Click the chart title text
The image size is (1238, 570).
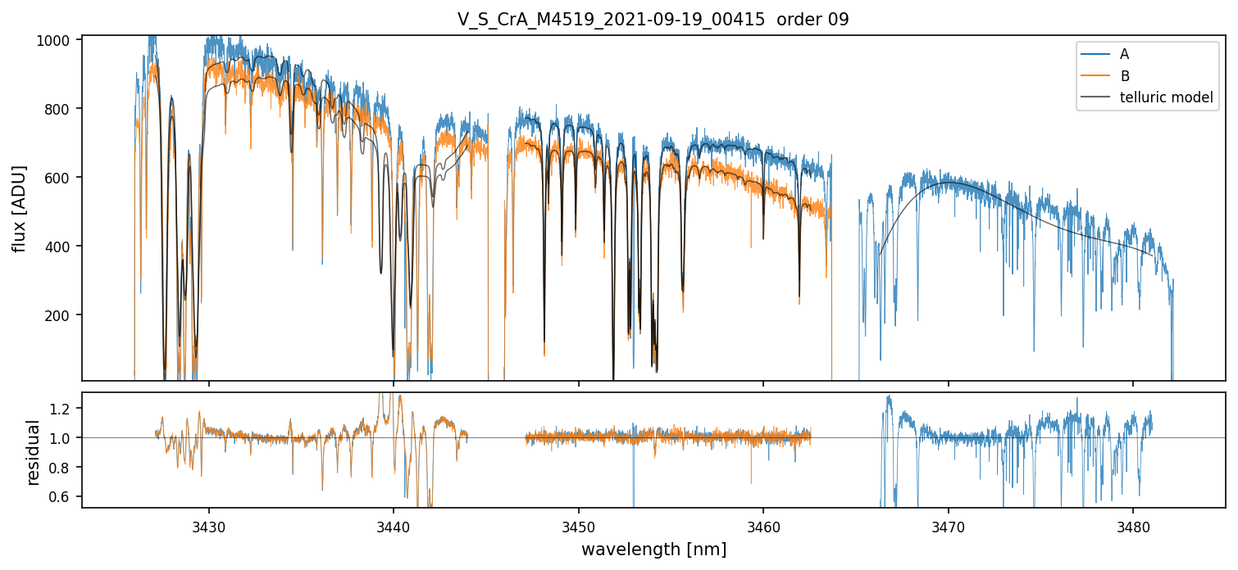point(653,20)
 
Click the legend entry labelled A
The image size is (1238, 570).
point(1105,54)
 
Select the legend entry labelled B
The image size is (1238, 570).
point(1105,75)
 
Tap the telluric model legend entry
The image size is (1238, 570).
point(1147,97)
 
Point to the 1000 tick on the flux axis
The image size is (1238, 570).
point(53,40)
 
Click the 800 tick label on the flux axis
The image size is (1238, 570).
point(57,109)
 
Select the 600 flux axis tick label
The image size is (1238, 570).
point(57,177)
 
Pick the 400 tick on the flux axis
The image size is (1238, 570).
point(57,247)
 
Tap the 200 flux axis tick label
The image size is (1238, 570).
point(57,315)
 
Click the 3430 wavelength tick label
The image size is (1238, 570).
point(209,527)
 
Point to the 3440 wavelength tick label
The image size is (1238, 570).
point(394,527)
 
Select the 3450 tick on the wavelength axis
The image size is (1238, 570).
point(579,527)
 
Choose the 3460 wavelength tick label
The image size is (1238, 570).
point(763,527)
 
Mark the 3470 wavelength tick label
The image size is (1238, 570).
point(949,527)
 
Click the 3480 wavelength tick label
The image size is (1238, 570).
point(1133,527)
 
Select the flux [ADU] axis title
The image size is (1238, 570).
point(20,208)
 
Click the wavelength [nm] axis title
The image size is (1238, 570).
point(653,550)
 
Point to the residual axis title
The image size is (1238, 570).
point(33,453)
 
